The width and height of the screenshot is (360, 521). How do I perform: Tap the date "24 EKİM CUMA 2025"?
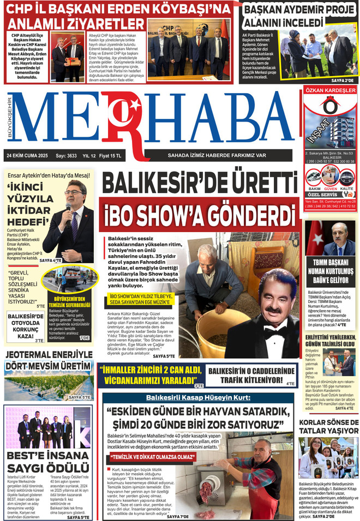pyautogui.click(x=27, y=156)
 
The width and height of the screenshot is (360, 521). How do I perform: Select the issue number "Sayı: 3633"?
pyautogui.click(x=66, y=156)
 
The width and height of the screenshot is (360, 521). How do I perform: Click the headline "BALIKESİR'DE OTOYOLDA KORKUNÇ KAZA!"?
pyautogui.click(x=25, y=325)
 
